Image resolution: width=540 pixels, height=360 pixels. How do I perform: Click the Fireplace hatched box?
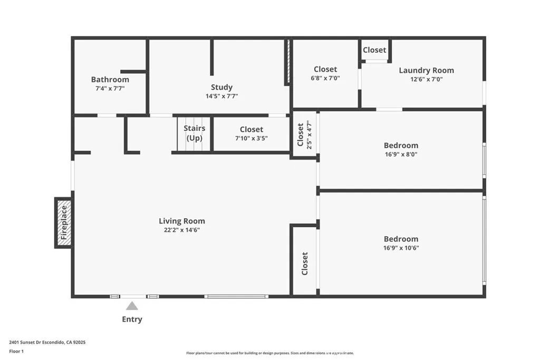(63, 222)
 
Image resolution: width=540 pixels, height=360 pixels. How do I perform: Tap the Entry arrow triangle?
(132, 306)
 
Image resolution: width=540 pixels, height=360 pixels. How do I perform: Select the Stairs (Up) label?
(194, 133)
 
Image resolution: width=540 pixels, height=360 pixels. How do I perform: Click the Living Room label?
(182, 221)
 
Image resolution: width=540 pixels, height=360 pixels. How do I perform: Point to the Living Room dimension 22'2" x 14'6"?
(182, 230)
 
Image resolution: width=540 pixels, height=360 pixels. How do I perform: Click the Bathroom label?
(110, 80)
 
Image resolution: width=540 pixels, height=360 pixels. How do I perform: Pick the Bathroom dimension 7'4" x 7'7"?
(110, 89)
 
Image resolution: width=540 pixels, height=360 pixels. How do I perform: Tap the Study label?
(221, 87)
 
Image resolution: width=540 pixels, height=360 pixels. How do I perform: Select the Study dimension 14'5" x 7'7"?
(221, 96)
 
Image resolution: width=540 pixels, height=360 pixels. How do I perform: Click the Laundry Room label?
(426, 70)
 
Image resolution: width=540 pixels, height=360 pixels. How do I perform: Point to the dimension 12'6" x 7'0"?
(426, 79)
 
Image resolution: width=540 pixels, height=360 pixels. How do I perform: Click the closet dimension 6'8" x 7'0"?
(325, 78)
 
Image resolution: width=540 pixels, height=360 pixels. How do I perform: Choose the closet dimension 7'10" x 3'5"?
(251, 138)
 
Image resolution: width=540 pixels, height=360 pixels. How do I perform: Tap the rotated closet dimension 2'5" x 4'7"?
(310, 135)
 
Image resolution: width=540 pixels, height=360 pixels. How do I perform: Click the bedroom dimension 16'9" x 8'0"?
(401, 154)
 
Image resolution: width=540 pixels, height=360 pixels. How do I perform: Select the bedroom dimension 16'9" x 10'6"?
(401, 248)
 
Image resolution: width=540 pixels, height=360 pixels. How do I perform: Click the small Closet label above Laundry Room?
(374, 50)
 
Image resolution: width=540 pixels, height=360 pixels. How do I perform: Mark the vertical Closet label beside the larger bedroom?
(305, 264)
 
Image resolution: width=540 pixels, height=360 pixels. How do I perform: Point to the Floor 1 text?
(17, 351)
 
